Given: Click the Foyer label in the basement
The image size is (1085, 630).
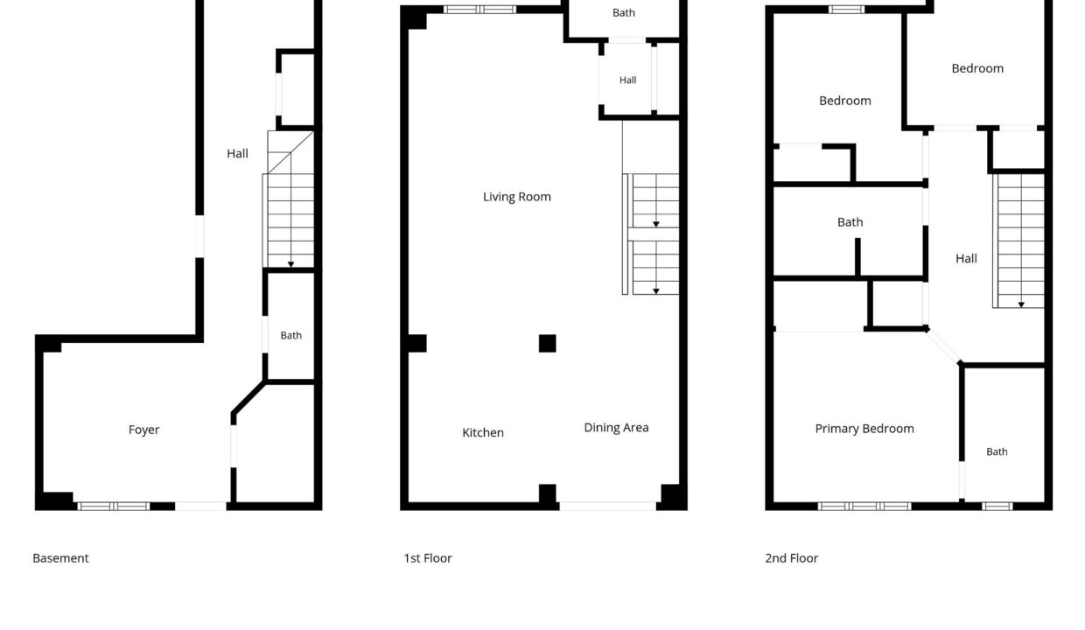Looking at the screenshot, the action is pos(143,430).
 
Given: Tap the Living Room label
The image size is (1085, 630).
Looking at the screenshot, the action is pos(517,197).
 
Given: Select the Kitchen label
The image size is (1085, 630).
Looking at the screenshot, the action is pos(483,432).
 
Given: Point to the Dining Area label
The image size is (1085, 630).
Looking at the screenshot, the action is pos(616,428).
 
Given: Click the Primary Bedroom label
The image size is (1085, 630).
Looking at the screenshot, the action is pos(864,429).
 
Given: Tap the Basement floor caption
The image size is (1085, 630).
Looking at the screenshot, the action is pos(60,558).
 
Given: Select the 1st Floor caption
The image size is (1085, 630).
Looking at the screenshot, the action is pos(428,558).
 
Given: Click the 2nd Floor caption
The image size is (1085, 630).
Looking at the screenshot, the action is pos(792,558).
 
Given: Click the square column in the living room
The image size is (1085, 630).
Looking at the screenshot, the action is pos(548,343).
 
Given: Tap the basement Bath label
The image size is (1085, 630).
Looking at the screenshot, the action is pos(291,336).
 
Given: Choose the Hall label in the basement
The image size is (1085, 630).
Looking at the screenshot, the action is pos(237,154).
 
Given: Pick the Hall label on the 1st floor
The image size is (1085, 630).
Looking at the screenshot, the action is pos(627,80).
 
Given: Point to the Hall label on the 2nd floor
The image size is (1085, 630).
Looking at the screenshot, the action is pos(966,259).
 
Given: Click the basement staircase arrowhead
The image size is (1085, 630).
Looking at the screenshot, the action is pos(290,264).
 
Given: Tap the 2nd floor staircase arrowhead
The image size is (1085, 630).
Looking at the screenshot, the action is pos(1021,304).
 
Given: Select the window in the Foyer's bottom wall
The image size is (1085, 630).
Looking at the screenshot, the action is pos(114,507).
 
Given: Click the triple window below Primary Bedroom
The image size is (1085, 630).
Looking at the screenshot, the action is pos(864,507).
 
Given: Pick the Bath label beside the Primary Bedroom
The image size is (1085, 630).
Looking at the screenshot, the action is pos(997,452).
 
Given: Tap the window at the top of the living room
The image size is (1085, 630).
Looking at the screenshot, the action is pos(480,10).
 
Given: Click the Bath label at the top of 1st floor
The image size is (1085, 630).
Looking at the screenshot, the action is pos(624,13).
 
